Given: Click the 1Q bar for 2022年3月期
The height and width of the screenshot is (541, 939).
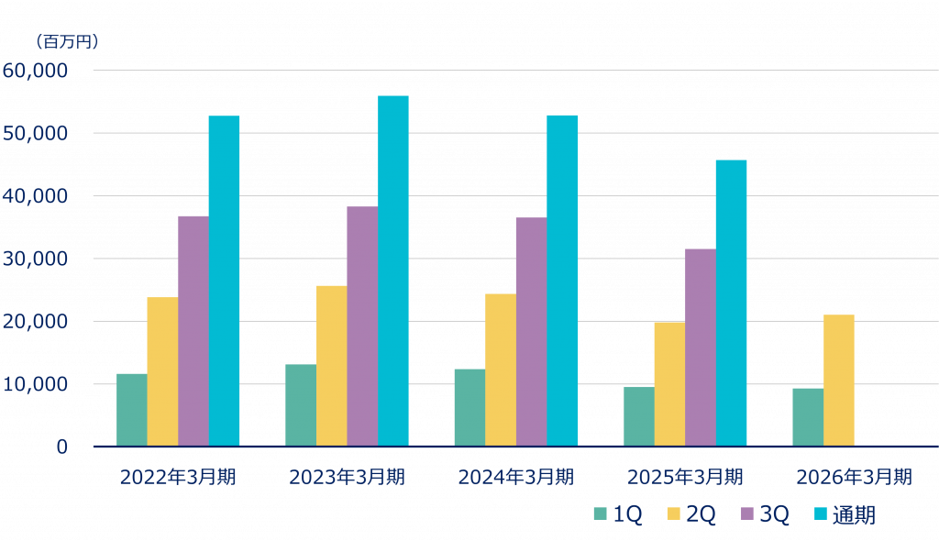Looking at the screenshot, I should (131, 409).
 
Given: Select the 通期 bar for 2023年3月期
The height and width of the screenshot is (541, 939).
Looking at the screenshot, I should (392, 270).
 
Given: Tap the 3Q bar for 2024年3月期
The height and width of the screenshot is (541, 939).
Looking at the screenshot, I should (531, 331).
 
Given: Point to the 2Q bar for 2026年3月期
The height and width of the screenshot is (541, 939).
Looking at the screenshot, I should (838, 380).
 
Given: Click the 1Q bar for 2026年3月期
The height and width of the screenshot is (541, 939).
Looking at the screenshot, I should (807, 416).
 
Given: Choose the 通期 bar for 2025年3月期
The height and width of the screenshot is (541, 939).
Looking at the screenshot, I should (731, 303).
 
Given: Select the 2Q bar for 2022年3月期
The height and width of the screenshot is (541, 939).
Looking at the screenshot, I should (162, 371).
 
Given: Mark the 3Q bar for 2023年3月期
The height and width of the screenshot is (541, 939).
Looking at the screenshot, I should (361, 326).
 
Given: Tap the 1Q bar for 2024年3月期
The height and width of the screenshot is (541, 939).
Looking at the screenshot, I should (469, 407).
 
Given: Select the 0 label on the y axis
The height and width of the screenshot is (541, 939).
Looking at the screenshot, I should (61, 447).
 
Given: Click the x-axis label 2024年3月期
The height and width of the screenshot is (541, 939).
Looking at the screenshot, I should (515, 478).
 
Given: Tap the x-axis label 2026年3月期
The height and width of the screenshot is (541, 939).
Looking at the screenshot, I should (854, 478).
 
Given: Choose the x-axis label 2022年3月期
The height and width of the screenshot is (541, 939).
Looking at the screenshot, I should (178, 478).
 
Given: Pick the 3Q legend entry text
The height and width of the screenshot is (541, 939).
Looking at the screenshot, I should (774, 515).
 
